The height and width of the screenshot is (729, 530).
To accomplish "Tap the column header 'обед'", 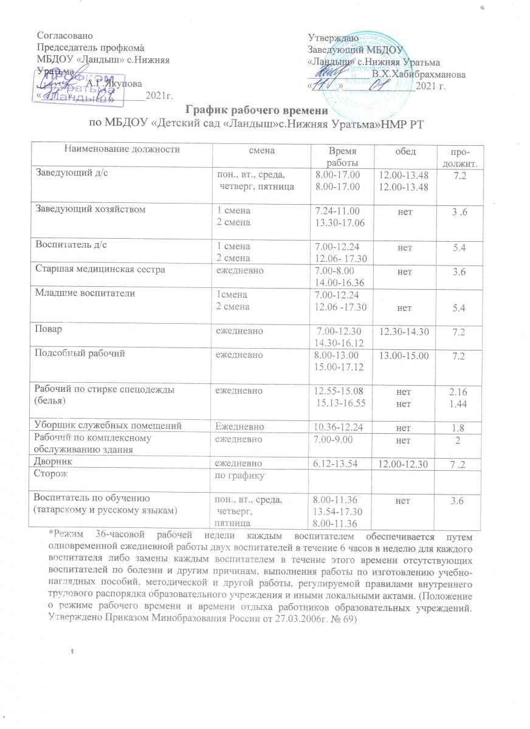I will coord(401,149).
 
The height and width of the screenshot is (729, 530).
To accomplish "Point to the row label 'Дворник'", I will coord(56,462).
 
